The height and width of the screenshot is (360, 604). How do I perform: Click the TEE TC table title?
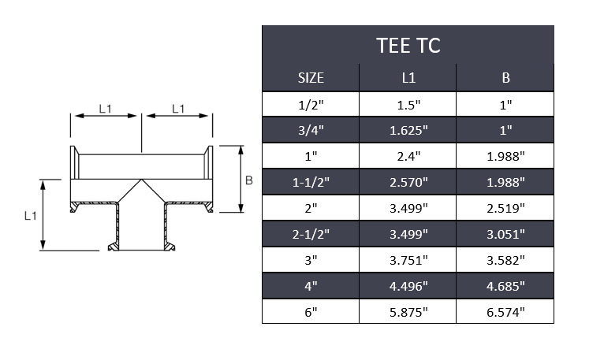(x=408, y=45)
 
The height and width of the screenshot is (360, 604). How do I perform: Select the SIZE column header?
(x=311, y=78)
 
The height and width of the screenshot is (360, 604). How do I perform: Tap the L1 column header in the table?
(x=408, y=78)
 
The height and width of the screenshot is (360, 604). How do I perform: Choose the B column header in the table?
(x=505, y=78)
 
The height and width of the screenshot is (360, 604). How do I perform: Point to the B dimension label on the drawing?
(x=248, y=180)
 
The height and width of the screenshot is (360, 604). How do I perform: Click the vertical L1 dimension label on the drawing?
(x=28, y=215)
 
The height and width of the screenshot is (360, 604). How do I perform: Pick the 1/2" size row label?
(x=311, y=104)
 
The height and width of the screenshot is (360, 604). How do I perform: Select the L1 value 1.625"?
(x=408, y=130)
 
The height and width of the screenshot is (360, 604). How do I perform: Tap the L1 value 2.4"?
(x=408, y=156)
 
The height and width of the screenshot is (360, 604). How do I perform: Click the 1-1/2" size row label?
(x=311, y=182)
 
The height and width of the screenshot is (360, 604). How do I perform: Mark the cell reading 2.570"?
(x=408, y=182)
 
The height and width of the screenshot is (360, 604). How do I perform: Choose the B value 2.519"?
(x=505, y=208)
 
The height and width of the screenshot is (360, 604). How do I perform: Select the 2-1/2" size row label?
(x=311, y=234)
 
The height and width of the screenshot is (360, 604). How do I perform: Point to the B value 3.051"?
(x=505, y=234)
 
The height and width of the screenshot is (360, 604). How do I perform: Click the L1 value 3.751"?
(x=408, y=260)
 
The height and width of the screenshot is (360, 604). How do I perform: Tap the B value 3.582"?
(x=505, y=260)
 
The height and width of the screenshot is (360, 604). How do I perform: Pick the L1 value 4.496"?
(x=408, y=286)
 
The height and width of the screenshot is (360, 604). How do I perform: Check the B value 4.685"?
(x=505, y=286)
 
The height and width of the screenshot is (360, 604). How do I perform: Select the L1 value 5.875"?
(x=408, y=312)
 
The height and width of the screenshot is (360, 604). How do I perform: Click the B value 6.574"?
(x=505, y=312)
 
